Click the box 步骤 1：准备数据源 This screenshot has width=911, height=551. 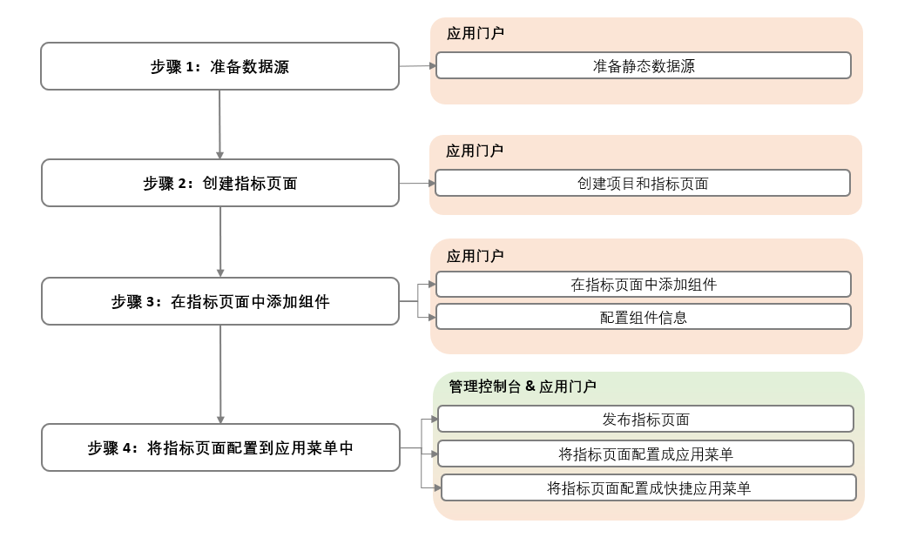click(x=219, y=66)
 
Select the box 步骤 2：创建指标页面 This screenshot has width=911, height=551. click(x=219, y=183)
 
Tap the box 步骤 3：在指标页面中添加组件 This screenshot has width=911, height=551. click(x=219, y=301)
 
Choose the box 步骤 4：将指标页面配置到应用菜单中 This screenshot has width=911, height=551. click(x=219, y=447)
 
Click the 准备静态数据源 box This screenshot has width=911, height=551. click(x=644, y=65)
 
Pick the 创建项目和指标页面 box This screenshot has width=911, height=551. click(x=643, y=183)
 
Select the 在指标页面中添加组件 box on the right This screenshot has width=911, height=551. click(x=644, y=284)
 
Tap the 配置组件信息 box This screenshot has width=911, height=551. click(x=644, y=317)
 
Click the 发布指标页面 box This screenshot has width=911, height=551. click(x=645, y=419)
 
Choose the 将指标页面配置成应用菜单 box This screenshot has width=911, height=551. click(x=645, y=454)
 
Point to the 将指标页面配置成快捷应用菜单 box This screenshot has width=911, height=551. click(x=649, y=487)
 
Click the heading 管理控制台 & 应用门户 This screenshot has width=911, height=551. click(x=522, y=386)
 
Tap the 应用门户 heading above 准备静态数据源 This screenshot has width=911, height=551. click(x=475, y=34)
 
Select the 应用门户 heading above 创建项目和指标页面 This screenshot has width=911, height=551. click(x=474, y=151)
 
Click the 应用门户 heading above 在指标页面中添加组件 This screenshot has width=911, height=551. click(x=475, y=256)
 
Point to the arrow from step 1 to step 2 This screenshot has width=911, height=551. click(x=219, y=124)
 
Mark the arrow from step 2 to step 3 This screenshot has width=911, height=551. click(x=220, y=242)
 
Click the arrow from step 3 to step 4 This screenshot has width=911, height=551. click(x=220, y=374)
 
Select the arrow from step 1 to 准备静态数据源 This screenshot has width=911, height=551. click(x=417, y=65)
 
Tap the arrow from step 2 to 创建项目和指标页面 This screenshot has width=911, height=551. click(x=417, y=183)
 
